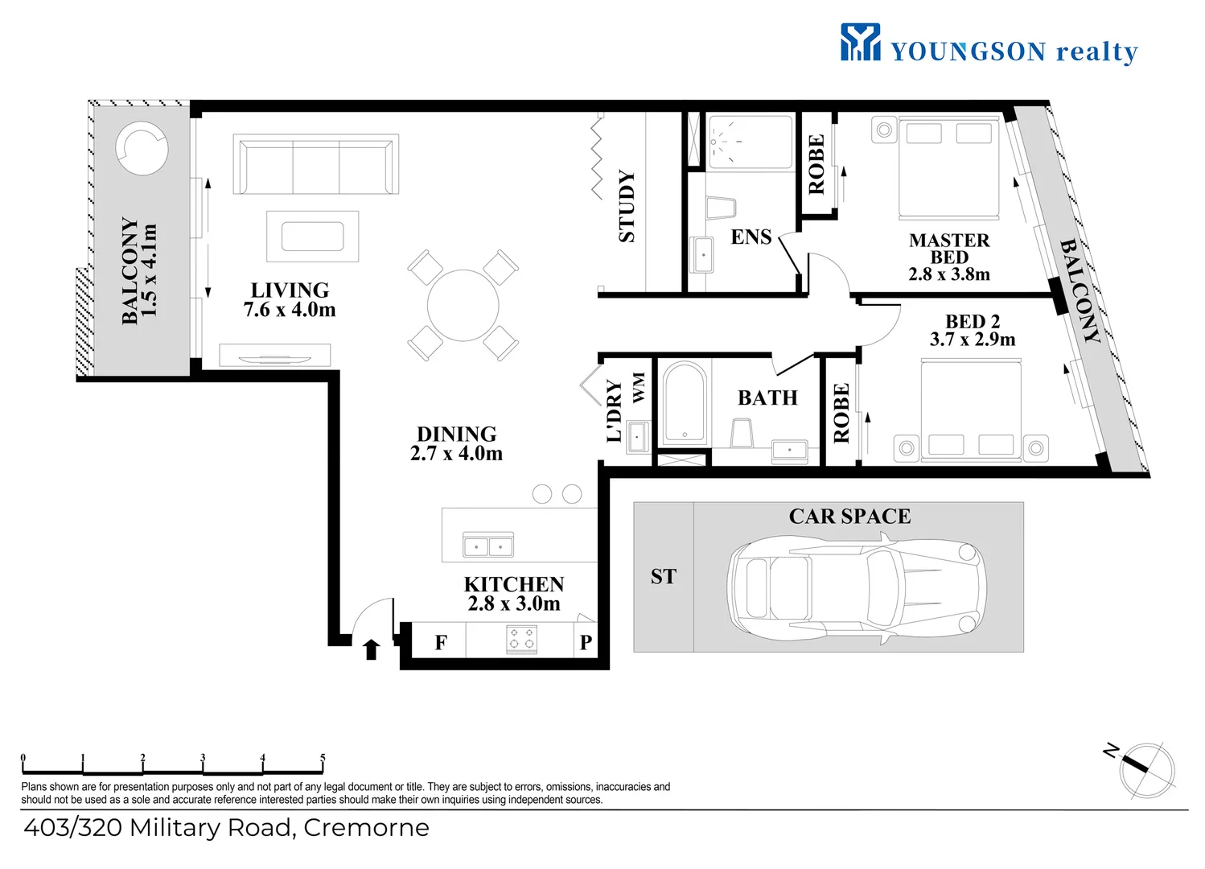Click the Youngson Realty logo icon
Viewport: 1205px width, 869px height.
point(860,41)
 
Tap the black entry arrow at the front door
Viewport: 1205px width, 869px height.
point(371,649)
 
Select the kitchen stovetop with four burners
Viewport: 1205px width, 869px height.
point(522,639)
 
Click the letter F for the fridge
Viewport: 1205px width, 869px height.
point(441,642)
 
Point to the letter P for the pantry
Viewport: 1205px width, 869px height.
point(586,642)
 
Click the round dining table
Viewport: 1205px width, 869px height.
point(463,305)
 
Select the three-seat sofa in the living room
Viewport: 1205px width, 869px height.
point(316,164)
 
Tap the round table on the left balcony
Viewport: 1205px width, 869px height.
point(142,149)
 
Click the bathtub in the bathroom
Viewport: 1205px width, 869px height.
point(685,404)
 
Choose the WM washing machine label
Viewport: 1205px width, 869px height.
point(639,387)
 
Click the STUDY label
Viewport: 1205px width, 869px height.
point(627,206)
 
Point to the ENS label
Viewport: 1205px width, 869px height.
point(751,237)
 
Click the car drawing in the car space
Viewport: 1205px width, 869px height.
point(857,588)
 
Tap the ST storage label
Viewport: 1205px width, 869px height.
point(663,577)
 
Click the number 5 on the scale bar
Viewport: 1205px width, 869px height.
point(323,758)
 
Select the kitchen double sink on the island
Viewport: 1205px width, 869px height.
point(488,545)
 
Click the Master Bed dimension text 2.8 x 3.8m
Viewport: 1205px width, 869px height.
point(949,274)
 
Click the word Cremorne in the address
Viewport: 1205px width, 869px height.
point(366,828)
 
